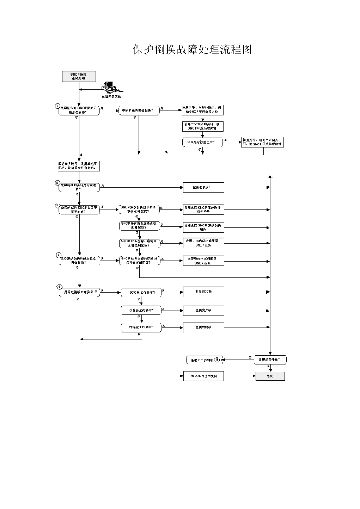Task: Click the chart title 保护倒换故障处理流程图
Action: (x=192, y=50)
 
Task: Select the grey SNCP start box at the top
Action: (x=79, y=76)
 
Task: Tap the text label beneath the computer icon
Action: (x=111, y=97)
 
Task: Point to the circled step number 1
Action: (x=58, y=106)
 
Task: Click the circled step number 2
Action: (x=58, y=183)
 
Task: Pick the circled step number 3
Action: (x=58, y=206)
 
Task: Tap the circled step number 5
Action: (x=59, y=287)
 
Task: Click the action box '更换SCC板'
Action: (x=203, y=292)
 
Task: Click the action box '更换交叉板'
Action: (x=203, y=311)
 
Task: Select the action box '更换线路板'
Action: (x=203, y=327)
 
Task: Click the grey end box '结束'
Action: (x=270, y=376)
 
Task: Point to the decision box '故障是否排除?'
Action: (x=270, y=359)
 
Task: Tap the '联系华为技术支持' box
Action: (x=203, y=376)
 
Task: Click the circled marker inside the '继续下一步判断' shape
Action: (x=217, y=359)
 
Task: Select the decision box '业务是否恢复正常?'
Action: (x=203, y=142)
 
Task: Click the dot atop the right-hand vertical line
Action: (x=270, y=177)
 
